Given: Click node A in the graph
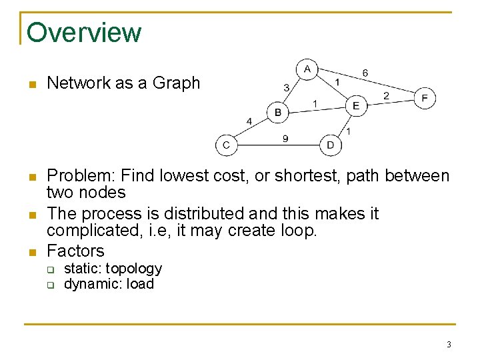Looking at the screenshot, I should (x=307, y=69).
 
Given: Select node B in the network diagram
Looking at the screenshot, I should (x=278, y=113).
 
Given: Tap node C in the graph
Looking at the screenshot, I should (x=226, y=145).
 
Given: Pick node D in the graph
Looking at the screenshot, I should (x=331, y=145).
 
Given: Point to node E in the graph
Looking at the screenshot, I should (x=356, y=105).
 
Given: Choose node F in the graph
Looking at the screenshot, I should (x=425, y=99).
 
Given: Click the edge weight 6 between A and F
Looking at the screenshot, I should (x=365, y=72).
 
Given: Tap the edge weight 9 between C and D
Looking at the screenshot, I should (x=285, y=139).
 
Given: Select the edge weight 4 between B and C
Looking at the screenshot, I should (x=249, y=121).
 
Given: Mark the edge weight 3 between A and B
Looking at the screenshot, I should (x=286, y=87).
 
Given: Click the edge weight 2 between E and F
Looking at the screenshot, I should (x=386, y=96).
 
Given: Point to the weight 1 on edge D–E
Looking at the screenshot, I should (x=349, y=131).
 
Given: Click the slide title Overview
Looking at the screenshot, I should (x=84, y=32).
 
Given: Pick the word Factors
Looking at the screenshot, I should (x=75, y=251).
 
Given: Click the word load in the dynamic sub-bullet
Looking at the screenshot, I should (x=141, y=284).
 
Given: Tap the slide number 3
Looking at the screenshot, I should (x=449, y=345).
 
